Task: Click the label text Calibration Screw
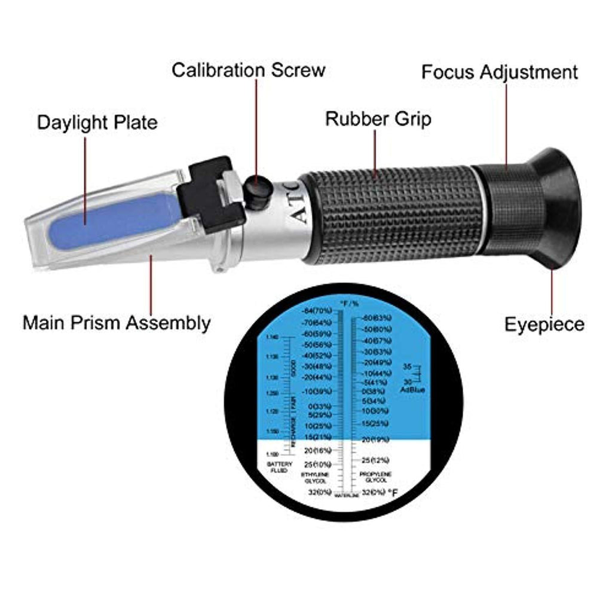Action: (x=248, y=70)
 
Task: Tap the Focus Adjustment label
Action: (x=499, y=72)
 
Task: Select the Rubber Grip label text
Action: (x=378, y=118)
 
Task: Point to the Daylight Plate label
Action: (x=97, y=123)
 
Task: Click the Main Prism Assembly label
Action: (x=117, y=323)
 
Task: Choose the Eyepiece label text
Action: (x=544, y=325)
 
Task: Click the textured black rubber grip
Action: (x=391, y=215)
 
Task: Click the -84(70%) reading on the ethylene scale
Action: (x=318, y=311)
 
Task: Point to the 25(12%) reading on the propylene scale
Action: (x=375, y=460)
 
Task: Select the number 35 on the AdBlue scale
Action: (x=408, y=366)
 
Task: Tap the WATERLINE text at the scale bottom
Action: (x=346, y=496)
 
